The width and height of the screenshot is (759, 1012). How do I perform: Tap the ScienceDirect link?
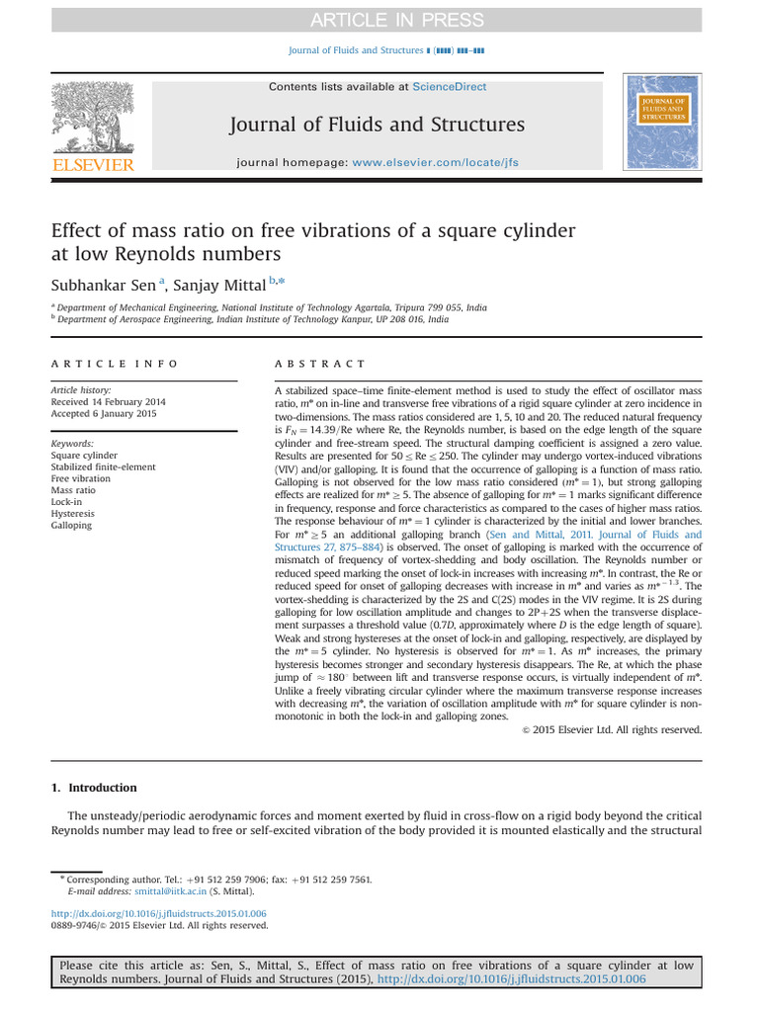[450, 87]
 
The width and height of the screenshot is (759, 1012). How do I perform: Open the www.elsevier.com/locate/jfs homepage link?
[435, 162]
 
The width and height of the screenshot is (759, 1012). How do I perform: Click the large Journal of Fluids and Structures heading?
[378, 125]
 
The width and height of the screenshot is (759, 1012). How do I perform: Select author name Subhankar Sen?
[103, 285]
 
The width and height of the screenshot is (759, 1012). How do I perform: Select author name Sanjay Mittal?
[221, 285]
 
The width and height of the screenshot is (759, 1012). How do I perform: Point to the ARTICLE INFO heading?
[116, 364]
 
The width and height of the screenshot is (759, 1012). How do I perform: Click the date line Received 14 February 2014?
[109, 402]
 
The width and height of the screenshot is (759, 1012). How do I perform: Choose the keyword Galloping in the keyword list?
[71, 525]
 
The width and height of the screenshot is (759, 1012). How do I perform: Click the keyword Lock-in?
[68, 501]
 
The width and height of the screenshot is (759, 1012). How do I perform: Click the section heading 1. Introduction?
[94, 788]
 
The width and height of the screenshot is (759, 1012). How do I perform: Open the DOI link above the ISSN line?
[158, 913]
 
